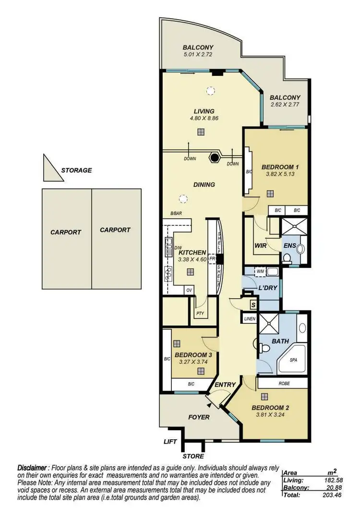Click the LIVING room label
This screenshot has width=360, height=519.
point(204,111)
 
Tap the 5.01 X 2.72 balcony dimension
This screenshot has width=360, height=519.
point(198,55)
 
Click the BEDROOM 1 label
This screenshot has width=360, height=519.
point(280,167)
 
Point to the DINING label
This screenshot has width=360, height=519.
point(204,184)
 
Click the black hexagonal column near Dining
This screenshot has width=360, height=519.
point(215,157)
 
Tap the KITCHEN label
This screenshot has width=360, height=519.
point(192,253)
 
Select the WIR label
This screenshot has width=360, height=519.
point(260,245)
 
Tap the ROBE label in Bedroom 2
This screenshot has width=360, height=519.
point(283,384)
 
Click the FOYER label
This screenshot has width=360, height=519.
point(199,417)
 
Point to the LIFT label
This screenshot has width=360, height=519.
point(170,442)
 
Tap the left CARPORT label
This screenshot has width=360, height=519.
point(66,232)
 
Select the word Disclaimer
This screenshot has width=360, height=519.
point(33,467)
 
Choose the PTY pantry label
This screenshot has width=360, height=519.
point(200,314)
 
